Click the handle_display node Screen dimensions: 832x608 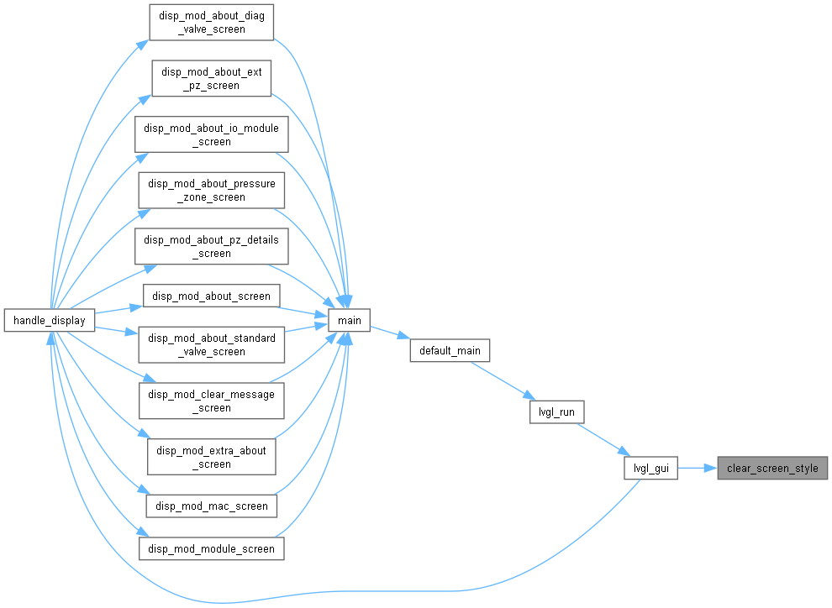pyautogui.click(x=50, y=320)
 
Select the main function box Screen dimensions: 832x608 pyautogui.click(x=349, y=320)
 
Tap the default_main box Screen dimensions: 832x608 pyautogui.click(x=450, y=350)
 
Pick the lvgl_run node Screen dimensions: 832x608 pyautogui.click(x=556, y=411)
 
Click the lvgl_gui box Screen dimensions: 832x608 pyautogui.click(x=651, y=468)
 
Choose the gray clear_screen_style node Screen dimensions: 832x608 pyautogui.click(x=772, y=468)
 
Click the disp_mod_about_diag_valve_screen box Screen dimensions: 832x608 pyautogui.click(x=212, y=23)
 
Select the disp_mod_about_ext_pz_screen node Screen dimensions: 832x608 pyautogui.click(x=212, y=78)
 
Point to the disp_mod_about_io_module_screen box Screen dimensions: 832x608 pyautogui.click(x=212, y=134)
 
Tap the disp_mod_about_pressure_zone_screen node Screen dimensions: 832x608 pyautogui.click(x=212, y=191)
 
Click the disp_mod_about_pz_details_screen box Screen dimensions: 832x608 pyautogui.click(x=212, y=247)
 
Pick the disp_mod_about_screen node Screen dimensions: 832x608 pyautogui.click(x=212, y=296)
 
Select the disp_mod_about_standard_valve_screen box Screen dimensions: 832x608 pyautogui.click(x=212, y=344)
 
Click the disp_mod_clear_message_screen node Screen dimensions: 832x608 pyautogui.click(x=212, y=401)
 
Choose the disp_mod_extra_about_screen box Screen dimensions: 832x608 pyautogui.click(x=212, y=457)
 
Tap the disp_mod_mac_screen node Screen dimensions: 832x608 pyautogui.click(x=212, y=506)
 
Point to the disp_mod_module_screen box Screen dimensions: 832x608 pyautogui.click(x=212, y=548)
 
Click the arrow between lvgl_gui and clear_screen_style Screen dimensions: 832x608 pyautogui.click(x=698, y=468)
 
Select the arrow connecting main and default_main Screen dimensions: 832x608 pyautogui.click(x=390, y=333)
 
